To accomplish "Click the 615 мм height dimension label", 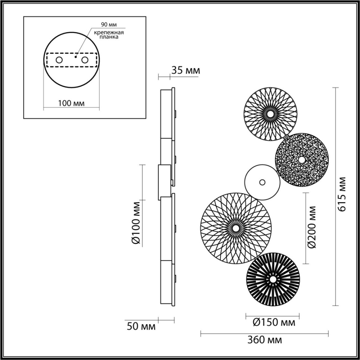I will (342, 194).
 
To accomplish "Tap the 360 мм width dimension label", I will (265, 340).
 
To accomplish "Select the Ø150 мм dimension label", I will (274, 322).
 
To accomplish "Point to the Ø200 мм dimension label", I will (312, 227).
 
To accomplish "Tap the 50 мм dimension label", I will (141, 326).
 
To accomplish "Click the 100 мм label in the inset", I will (71, 103).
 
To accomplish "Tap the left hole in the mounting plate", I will (59, 60).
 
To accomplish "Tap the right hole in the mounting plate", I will (85, 60).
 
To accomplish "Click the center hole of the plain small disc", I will (262, 182).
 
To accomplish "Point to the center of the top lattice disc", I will (270, 114).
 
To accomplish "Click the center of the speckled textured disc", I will (301, 160).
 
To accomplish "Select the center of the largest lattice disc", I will (236, 229).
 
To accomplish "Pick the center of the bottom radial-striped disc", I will (273, 279).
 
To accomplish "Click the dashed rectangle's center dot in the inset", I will (76, 56).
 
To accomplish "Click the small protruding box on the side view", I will (164, 182).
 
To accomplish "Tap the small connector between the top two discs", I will (287, 137).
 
